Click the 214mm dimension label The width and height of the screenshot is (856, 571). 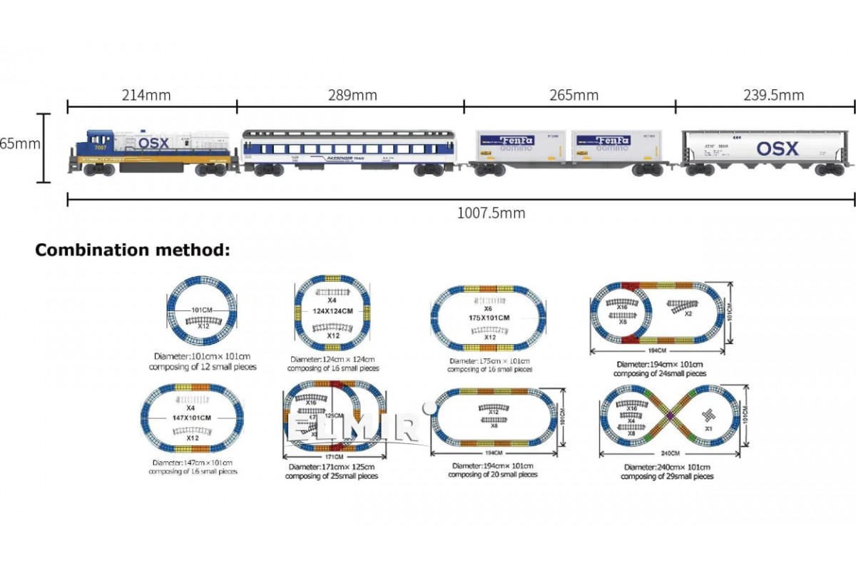pyautogui.click(x=152, y=95)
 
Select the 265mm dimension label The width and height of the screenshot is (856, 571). pyautogui.click(x=574, y=95)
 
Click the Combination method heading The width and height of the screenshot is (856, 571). pyautogui.click(x=133, y=251)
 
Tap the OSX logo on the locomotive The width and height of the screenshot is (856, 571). pyautogui.click(x=153, y=143)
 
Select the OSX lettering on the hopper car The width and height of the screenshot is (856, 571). pyautogui.click(x=777, y=149)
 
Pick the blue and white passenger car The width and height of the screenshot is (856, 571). pyautogui.click(x=350, y=151)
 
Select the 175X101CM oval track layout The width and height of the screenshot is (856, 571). pyautogui.click(x=489, y=318)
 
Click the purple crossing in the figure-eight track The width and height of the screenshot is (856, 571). pyautogui.click(x=671, y=416)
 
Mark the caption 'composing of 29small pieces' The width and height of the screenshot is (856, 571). pyautogui.click(x=666, y=476)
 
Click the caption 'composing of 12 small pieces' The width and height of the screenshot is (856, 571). pyautogui.click(x=203, y=366)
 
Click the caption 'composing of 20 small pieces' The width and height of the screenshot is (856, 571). pyautogui.click(x=493, y=474)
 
